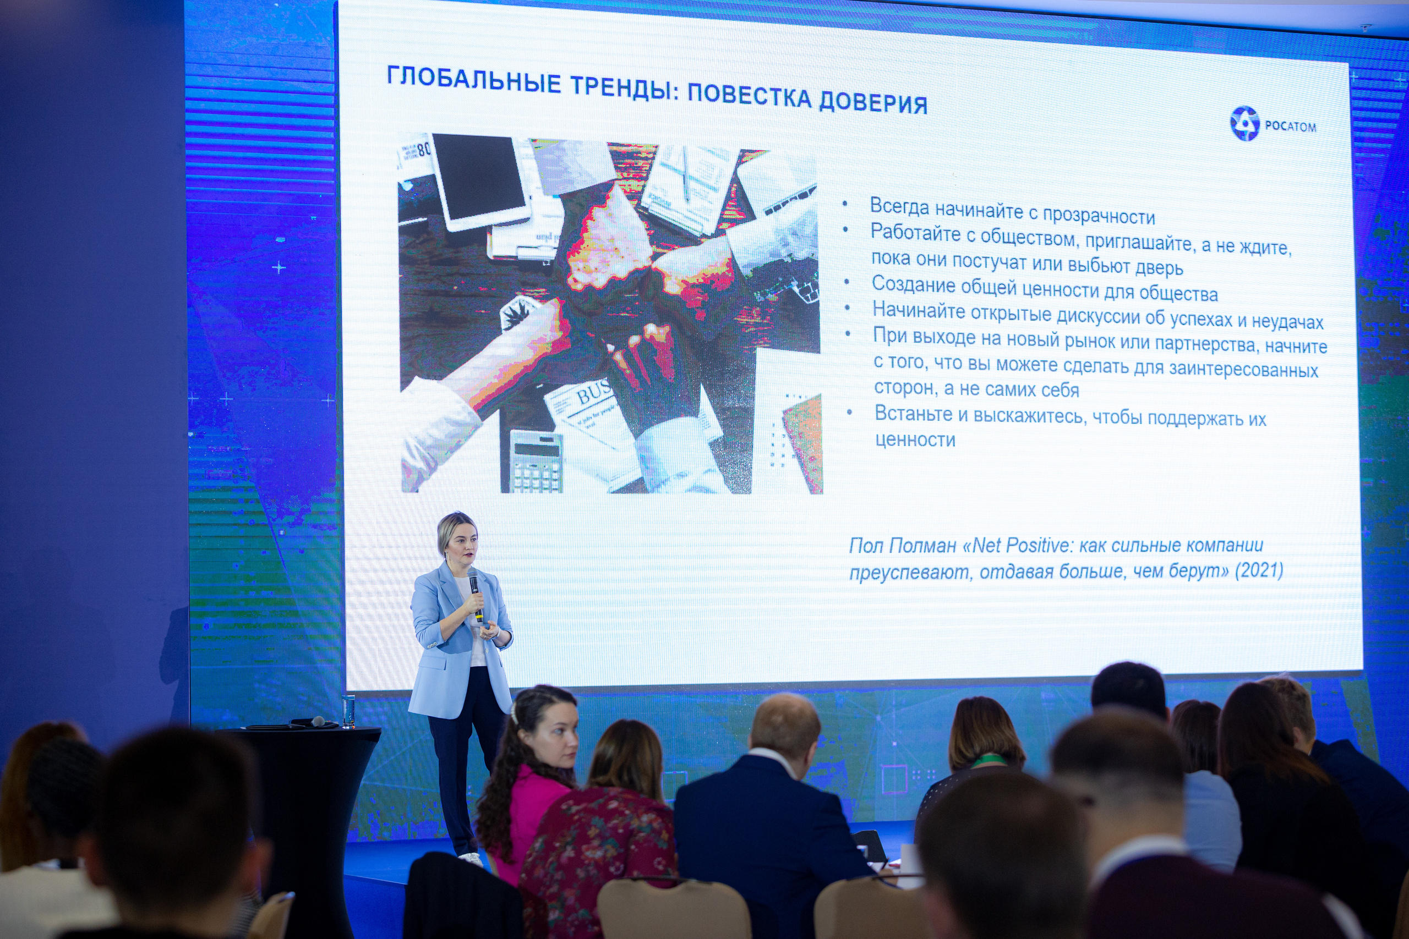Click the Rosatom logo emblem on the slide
1245,123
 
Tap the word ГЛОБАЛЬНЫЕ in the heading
473,80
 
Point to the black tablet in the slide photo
480,180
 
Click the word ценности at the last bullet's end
915,440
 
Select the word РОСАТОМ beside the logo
1290,127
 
